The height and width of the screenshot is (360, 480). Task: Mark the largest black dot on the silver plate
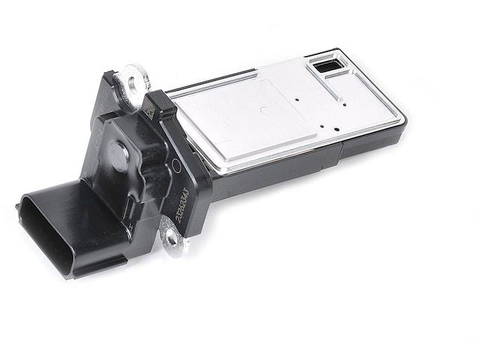336,129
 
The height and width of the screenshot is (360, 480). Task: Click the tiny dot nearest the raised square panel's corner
322,127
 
